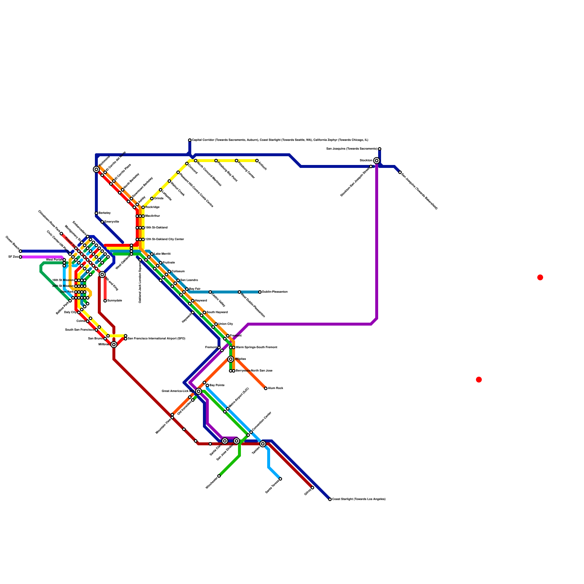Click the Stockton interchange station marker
point(376,161)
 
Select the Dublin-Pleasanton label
point(275,292)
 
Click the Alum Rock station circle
point(266,388)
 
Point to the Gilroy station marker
point(312,488)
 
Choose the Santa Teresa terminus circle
point(280,479)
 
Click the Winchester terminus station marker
point(219,476)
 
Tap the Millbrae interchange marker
point(114,345)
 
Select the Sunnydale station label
point(115,301)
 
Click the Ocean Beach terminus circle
point(20,251)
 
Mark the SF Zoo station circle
point(20,257)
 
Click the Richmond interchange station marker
point(96,169)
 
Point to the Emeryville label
point(112,222)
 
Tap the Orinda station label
point(159,199)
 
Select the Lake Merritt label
point(162,254)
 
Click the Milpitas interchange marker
point(231,359)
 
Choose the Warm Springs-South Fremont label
point(257,347)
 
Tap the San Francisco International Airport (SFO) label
point(157,339)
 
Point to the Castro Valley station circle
point(210,292)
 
